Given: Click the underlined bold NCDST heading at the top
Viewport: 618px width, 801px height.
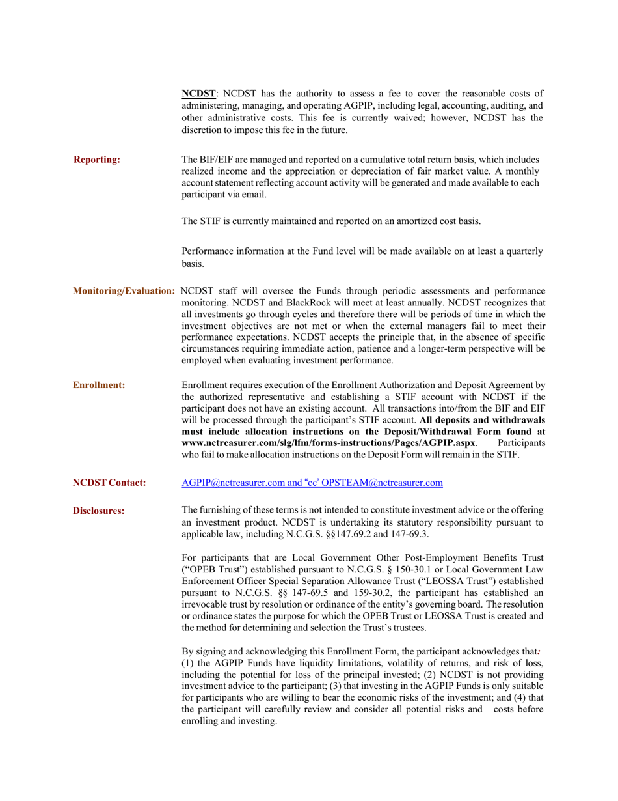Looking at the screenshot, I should click(198, 93).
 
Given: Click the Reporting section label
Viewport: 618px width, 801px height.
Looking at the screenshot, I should click(96, 160).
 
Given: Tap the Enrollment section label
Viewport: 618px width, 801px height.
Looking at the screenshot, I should click(99, 385).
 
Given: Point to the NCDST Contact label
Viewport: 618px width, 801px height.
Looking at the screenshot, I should click(109, 483).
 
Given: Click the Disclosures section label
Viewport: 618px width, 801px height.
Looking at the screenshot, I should click(98, 511).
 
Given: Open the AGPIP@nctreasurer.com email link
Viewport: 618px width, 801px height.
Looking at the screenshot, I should click(231, 483).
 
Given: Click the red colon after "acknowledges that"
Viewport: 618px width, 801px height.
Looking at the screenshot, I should click(539, 651).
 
